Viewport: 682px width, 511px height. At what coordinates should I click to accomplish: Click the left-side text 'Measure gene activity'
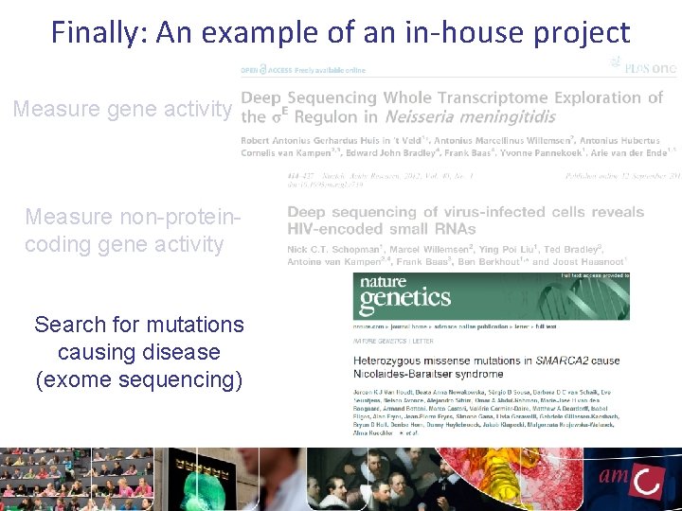[x=122, y=110]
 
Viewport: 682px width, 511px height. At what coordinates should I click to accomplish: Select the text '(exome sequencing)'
[x=139, y=379]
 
